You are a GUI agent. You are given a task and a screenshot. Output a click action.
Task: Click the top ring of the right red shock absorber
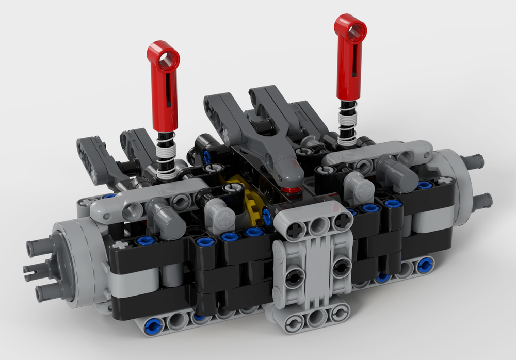351,28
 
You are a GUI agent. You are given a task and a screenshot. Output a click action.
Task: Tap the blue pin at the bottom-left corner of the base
152,325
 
